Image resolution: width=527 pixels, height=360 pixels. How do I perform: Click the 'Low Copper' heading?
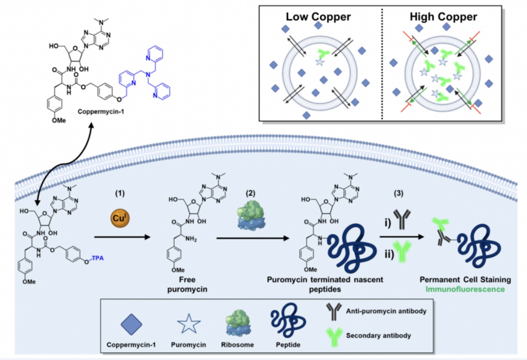[318, 17]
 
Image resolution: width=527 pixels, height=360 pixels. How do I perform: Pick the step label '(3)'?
[398, 193]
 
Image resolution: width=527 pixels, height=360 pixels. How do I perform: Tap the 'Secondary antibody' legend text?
[379, 335]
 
